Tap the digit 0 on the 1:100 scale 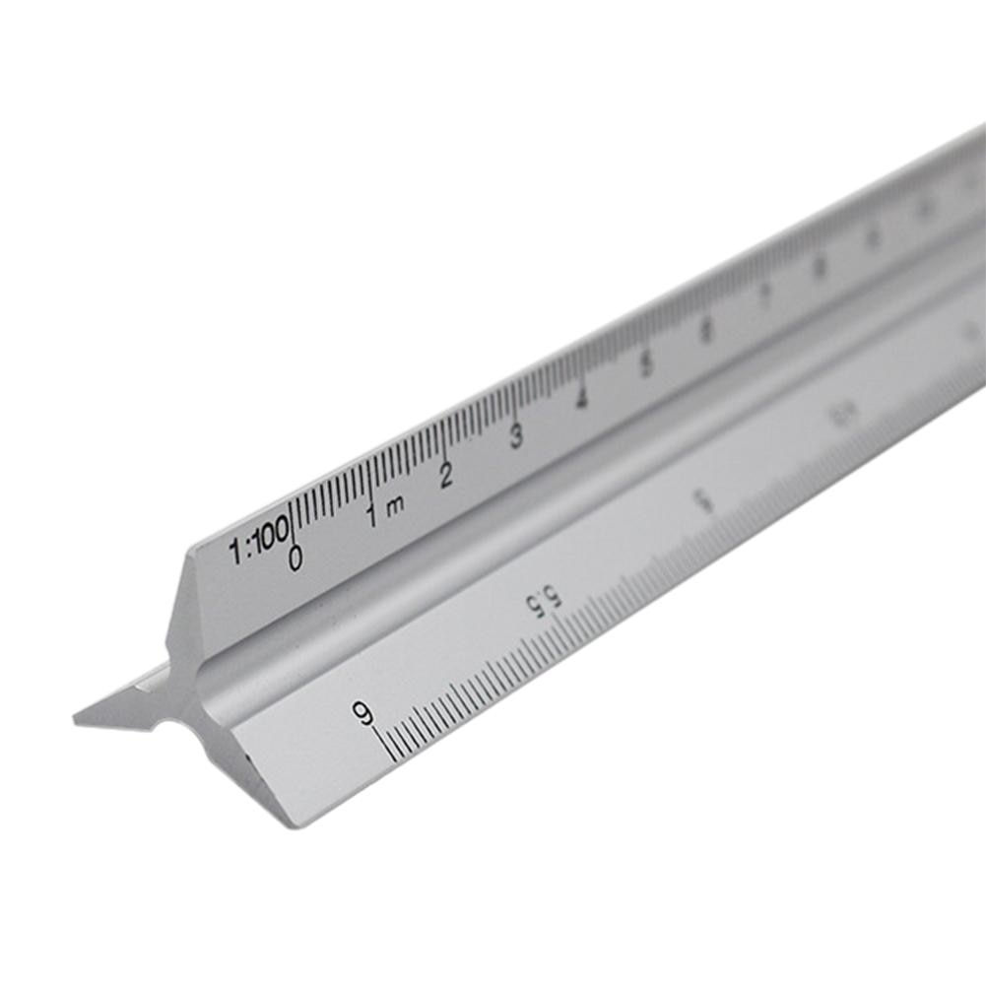(x=296, y=559)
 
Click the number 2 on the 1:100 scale (x=446, y=476)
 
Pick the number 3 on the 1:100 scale (x=516, y=436)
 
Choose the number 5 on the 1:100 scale (x=645, y=363)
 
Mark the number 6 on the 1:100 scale (x=706, y=330)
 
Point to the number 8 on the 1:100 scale (x=819, y=266)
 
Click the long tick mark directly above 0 (x=293, y=519)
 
